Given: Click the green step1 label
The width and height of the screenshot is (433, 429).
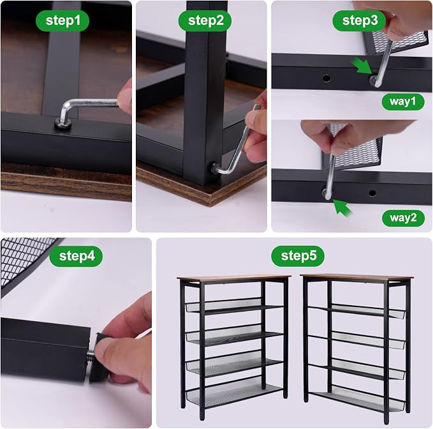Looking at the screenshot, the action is [62, 20].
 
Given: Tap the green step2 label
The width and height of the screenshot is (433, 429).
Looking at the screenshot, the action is [205, 20].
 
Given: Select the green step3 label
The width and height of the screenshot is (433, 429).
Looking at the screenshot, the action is [359, 20].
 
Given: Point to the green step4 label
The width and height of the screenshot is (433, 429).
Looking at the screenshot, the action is [76, 256].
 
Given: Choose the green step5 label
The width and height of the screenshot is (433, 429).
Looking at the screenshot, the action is [298, 256].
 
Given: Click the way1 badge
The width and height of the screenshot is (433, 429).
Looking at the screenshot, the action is [403, 102].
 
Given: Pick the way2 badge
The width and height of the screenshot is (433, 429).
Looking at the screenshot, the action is [403, 218].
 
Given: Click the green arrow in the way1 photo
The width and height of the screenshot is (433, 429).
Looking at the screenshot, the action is [362, 66].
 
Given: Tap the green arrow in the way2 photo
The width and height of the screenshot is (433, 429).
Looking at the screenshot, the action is [342, 207].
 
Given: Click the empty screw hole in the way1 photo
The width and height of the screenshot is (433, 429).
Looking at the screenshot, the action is [326, 79].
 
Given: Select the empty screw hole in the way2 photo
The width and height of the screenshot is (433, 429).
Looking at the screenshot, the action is [372, 193].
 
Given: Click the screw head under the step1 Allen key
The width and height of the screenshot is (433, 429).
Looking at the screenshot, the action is [63, 122].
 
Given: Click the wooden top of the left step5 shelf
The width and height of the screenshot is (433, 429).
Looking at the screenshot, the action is [234, 278].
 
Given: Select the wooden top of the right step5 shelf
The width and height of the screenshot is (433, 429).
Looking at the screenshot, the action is [356, 277].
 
